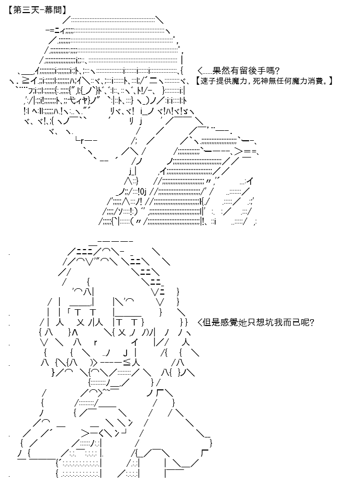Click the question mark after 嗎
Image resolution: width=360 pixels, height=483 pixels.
(277, 71)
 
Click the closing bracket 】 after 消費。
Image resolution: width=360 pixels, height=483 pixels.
(331, 81)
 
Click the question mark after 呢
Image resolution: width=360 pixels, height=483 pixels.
(312, 322)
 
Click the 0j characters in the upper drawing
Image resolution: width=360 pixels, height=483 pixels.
(142, 192)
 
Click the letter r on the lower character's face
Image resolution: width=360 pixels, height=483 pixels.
(95, 343)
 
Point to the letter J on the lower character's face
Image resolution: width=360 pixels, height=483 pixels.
(126, 352)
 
